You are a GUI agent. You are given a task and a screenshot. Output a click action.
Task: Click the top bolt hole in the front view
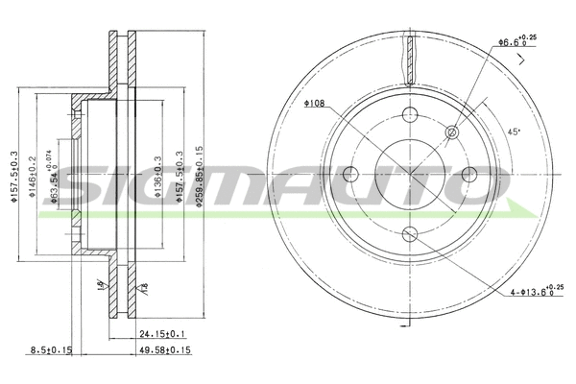[x=410, y=112]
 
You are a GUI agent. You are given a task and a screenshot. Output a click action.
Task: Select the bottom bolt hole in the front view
[x=410, y=233]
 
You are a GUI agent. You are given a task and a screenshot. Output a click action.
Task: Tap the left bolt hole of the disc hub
[x=349, y=173]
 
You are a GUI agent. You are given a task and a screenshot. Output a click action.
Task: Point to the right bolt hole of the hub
[x=470, y=173]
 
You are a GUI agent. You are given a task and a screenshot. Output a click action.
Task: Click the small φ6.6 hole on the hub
[x=453, y=131]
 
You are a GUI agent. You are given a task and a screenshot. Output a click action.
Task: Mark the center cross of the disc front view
[x=410, y=173]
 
